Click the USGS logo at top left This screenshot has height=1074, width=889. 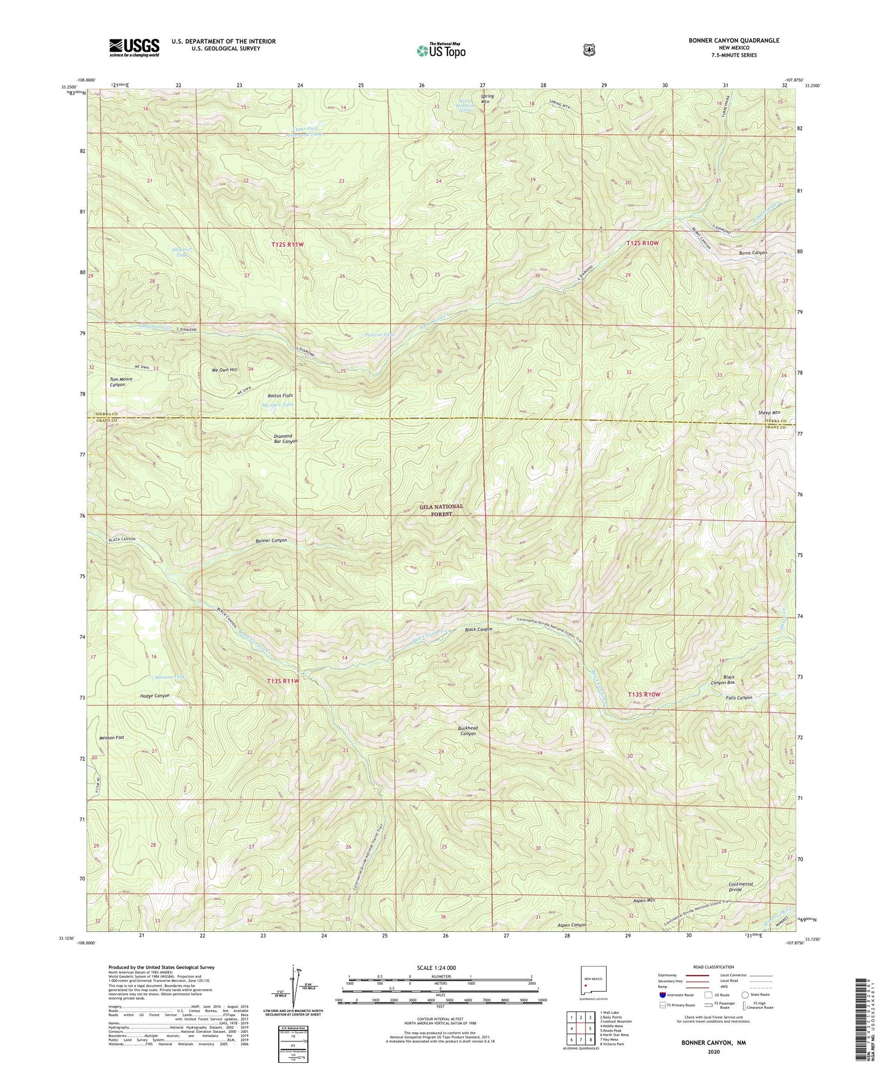tap(134, 47)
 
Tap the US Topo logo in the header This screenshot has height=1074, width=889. tap(439, 50)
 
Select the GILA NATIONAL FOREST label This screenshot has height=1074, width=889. tap(441, 510)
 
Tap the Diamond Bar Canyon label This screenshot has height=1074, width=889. tap(285, 439)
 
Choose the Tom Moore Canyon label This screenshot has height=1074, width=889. tap(121, 382)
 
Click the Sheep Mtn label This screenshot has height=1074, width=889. tap(768, 413)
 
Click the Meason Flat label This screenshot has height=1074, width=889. tap(111, 738)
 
